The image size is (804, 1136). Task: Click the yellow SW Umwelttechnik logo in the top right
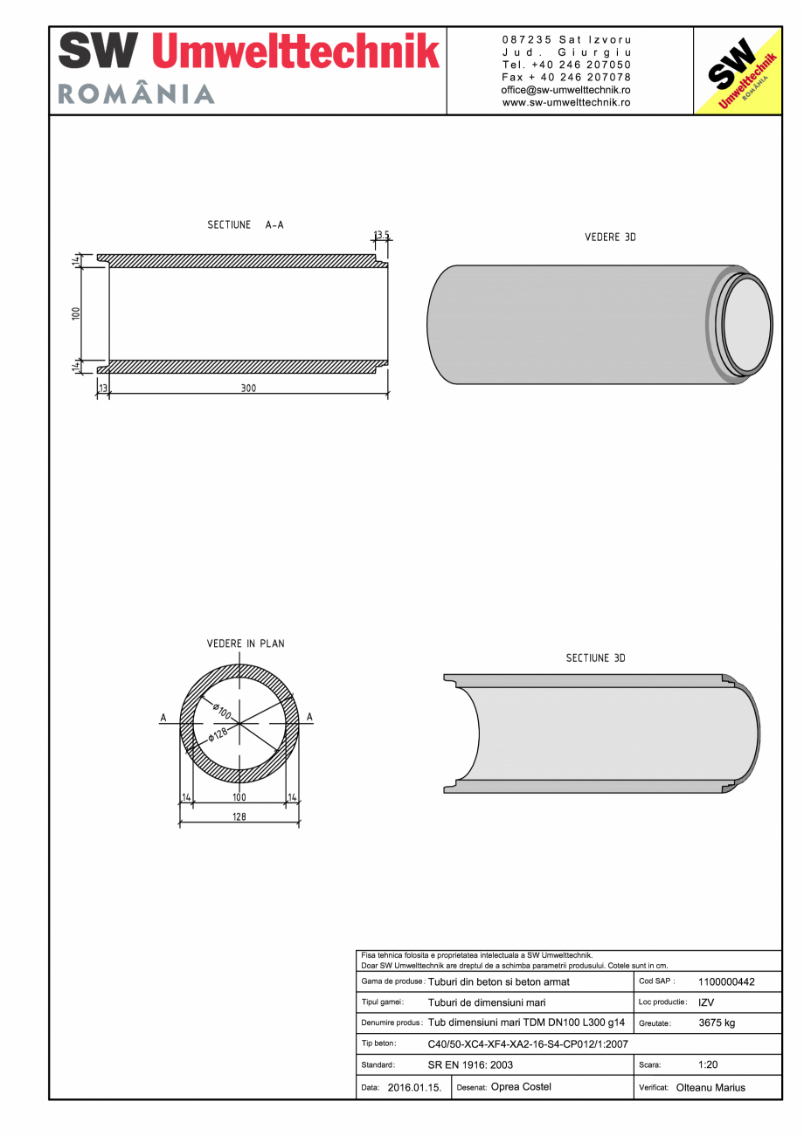pyautogui.click(x=737, y=71)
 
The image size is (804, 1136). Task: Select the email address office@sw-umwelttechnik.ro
pyautogui.click(x=566, y=90)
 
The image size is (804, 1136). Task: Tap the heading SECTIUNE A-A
pyautogui.click(x=246, y=225)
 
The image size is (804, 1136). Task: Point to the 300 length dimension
pyautogui.click(x=249, y=389)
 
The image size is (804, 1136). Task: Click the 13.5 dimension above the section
pyautogui.click(x=382, y=235)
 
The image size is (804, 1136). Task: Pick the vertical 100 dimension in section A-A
pyautogui.click(x=76, y=313)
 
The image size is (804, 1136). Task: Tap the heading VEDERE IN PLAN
pyautogui.click(x=246, y=644)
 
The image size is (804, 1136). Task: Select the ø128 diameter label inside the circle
pyautogui.click(x=218, y=734)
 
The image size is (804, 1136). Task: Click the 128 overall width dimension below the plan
pyautogui.click(x=239, y=817)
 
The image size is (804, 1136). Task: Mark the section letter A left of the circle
pyautogui.click(x=163, y=718)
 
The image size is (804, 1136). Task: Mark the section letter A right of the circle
pyautogui.click(x=310, y=718)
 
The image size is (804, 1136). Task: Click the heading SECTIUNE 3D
pyautogui.click(x=595, y=658)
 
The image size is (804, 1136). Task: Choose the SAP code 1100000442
pyautogui.click(x=726, y=981)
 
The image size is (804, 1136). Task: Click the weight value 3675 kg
pyautogui.click(x=717, y=1022)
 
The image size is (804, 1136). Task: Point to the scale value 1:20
pyautogui.click(x=708, y=1065)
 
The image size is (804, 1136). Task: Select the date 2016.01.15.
pyautogui.click(x=414, y=1088)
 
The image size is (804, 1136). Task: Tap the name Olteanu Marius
pyautogui.click(x=710, y=1088)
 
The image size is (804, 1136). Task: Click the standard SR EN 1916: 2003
pyautogui.click(x=470, y=1065)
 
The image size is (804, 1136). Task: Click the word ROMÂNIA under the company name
pyautogui.click(x=136, y=94)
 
